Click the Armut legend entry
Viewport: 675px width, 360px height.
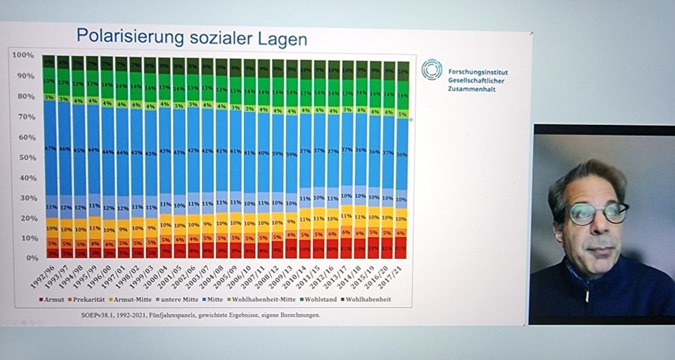pos(53,299)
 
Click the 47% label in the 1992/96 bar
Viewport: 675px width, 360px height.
pos(49,148)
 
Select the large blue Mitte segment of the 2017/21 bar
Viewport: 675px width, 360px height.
pos(402,155)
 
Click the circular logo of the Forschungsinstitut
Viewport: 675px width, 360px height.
pos(431,69)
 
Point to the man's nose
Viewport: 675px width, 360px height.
pos(598,226)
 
